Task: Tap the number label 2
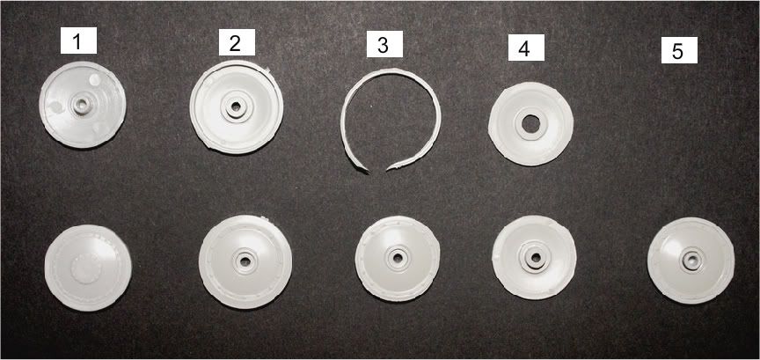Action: (237, 43)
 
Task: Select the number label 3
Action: (384, 45)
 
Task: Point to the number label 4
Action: (526, 48)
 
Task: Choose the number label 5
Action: (679, 50)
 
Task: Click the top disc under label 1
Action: (83, 105)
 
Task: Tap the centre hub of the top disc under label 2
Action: (236, 107)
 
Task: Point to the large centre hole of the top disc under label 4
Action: (530, 124)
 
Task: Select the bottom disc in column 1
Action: (88, 268)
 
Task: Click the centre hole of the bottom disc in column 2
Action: (245, 261)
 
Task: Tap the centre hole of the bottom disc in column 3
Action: (398, 259)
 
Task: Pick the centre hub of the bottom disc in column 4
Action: (534, 258)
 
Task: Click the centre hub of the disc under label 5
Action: (691, 260)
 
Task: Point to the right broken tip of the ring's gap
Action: (388, 169)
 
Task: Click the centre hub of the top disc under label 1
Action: (82, 104)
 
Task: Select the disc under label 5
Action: (691, 261)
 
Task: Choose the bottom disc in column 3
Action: (398, 259)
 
